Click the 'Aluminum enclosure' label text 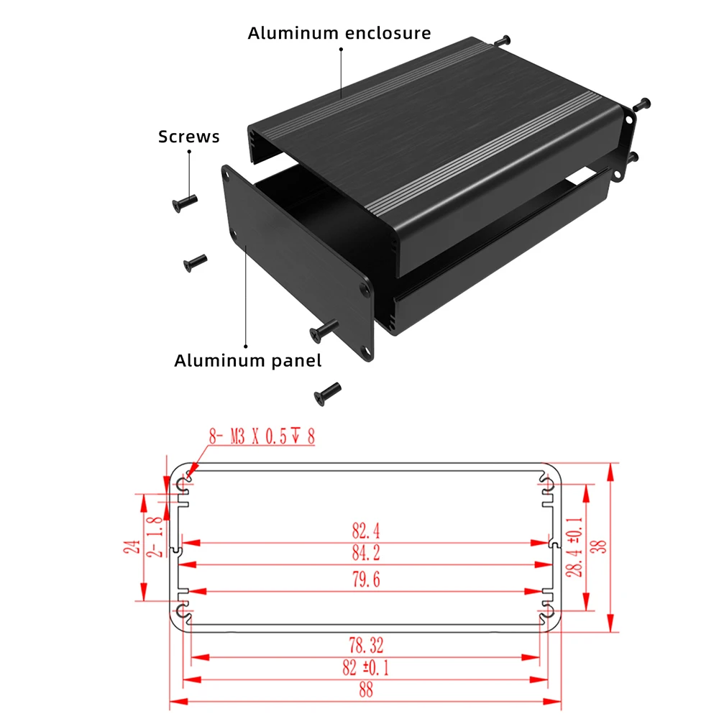tap(339, 33)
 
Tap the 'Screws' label tap(189, 137)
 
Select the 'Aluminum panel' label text tap(248, 360)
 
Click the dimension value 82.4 tap(365, 531)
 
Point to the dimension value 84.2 tap(365, 553)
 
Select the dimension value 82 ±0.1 tap(365, 667)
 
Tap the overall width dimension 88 tap(365, 690)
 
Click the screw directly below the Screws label tap(184, 201)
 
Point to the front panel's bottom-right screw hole tap(368, 352)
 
